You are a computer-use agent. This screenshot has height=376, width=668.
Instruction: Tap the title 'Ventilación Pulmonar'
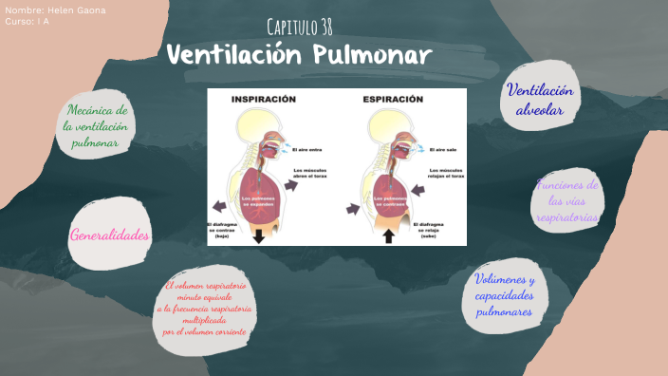(299, 54)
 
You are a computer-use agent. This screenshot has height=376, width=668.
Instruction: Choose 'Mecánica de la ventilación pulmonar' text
(96, 127)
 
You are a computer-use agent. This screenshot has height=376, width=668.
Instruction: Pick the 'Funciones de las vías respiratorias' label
(566, 201)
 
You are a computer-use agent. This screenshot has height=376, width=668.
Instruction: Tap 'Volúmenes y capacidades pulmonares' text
(506, 295)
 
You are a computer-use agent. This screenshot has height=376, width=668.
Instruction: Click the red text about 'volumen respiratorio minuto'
(205, 309)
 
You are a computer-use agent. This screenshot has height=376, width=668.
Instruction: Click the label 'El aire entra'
(307, 149)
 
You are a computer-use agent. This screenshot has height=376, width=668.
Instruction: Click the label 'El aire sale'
(444, 149)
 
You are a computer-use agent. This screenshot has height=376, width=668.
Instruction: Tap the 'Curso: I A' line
(27, 20)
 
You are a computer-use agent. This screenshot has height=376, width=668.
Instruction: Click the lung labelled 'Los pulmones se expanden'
(260, 199)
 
